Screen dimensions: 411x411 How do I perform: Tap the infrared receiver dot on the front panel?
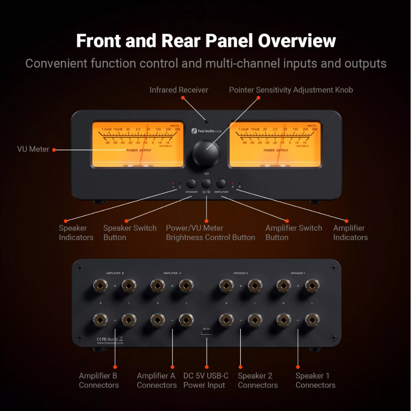[x=207, y=122]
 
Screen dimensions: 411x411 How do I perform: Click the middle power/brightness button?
[x=206, y=183]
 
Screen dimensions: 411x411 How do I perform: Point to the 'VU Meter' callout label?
[x=33, y=149]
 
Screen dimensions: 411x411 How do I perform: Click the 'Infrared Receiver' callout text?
[x=179, y=90]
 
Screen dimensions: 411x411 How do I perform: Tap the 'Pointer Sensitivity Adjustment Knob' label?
[x=291, y=90]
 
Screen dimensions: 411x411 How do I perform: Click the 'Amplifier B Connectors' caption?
[x=99, y=380]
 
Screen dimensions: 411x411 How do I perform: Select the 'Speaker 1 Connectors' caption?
[x=315, y=380]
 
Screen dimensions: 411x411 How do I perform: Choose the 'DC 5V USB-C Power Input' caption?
[x=205, y=380]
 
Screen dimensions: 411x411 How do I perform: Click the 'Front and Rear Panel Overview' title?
[x=206, y=41]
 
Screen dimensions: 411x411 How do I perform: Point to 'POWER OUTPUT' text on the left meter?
[x=139, y=150]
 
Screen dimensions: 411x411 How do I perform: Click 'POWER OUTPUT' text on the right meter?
[x=276, y=150]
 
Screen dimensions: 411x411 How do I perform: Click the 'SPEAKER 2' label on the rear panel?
[x=241, y=273]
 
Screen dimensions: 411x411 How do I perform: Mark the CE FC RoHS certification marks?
[x=108, y=339]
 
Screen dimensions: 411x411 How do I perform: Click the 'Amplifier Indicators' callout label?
[x=350, y=233]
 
